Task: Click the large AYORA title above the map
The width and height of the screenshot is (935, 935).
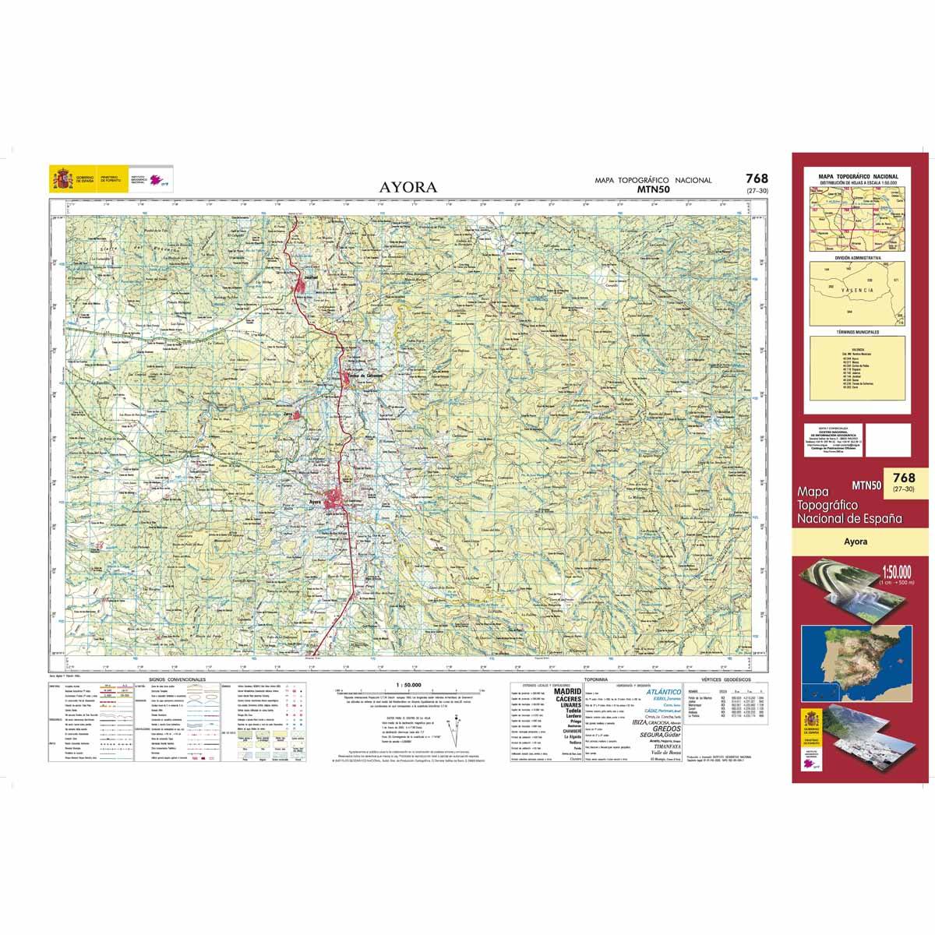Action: coord(408,187)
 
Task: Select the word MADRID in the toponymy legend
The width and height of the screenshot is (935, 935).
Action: coord(566,690)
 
